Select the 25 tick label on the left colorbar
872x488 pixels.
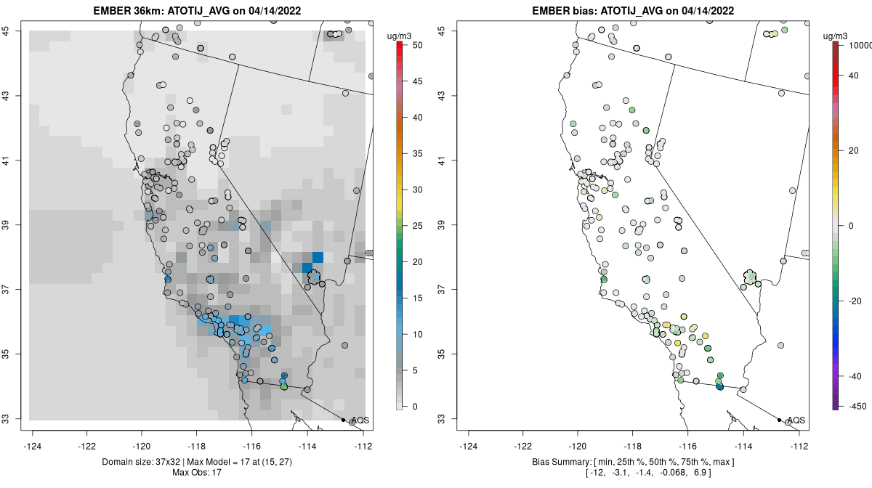coord(418,226)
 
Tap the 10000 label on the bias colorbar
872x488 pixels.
coord(858,45)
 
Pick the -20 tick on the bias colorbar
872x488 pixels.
coord(855,301)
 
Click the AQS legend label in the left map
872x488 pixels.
coord(360,420)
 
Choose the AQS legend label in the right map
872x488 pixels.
coord(796,420)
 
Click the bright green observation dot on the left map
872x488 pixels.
coord(283,387)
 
